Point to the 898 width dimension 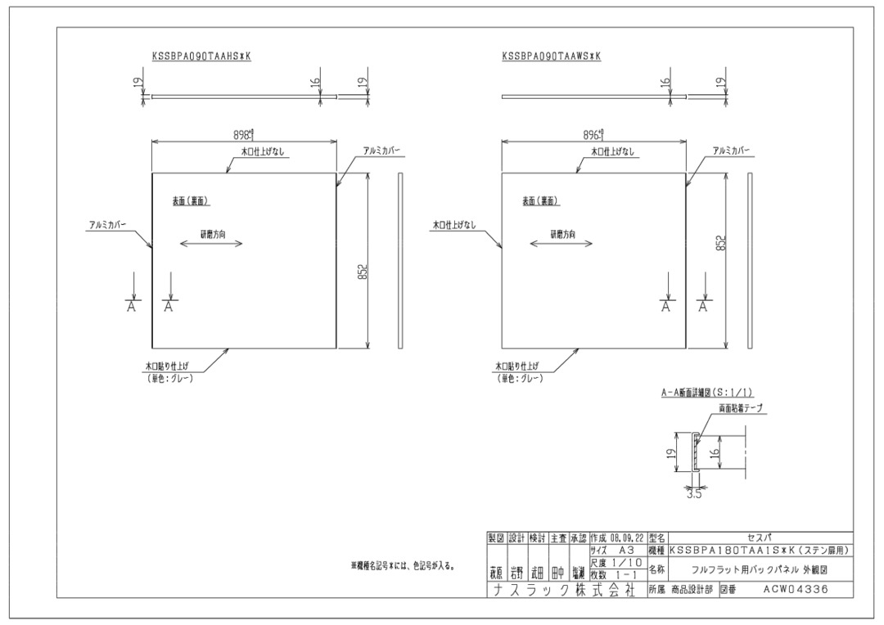(243, 134)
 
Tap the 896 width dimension (593, 134)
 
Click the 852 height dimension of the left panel (361, 271)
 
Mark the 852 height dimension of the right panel (721, 243)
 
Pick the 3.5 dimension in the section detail (694, 493)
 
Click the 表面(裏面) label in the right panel (540, 201)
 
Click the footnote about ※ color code (403, 565)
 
